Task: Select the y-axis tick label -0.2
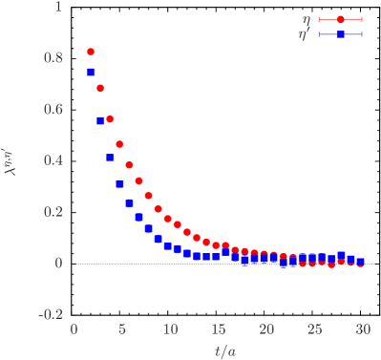50,314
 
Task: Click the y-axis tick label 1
58,7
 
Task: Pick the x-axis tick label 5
121,329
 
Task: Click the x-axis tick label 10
170,329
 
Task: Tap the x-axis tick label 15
218,329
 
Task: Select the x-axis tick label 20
266,329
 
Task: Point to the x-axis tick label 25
314,329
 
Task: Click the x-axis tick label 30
362,329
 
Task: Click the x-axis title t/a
226,349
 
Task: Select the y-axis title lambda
14,160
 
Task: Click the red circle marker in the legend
341,19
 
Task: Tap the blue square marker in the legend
341,34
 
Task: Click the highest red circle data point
91,52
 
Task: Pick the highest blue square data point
91,72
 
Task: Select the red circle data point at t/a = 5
120,144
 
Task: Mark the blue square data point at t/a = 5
120,183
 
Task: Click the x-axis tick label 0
74,329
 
